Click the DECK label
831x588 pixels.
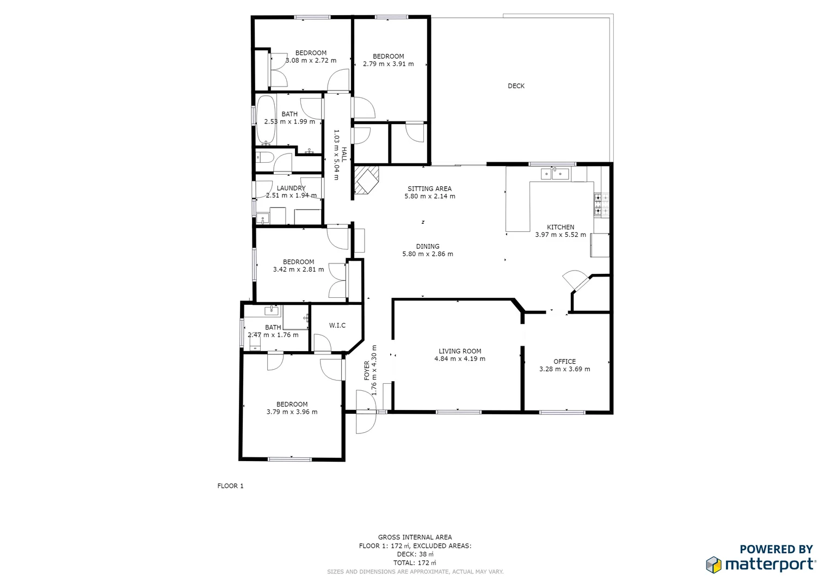point(516,86)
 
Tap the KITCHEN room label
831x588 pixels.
point(560,227)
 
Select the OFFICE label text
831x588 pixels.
point(564,362)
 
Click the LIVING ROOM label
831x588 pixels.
point(460,351)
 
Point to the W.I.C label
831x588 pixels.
point(337,326)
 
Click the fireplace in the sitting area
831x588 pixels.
point(365,180)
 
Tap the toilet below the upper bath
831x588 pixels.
point(264,158)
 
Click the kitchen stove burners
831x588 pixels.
point(601,204)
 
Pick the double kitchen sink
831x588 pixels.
point(555,174)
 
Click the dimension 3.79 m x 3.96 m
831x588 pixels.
point(292,412)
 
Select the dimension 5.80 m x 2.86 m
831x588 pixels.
point(427,254)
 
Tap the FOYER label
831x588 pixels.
point(367,370)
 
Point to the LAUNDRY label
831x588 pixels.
point(291,188)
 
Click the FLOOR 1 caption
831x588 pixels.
point(230,486)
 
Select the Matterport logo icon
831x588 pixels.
point(713,565)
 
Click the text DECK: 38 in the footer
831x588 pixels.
point(415,554)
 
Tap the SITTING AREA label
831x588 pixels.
point(429,188)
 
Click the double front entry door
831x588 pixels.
point(366,412)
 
